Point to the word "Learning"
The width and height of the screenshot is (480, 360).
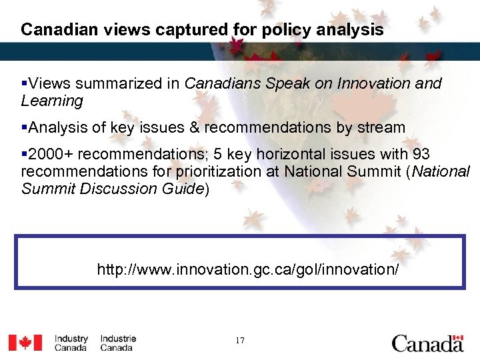pyautogui.click(x=52, y=101)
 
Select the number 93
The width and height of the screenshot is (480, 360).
pyautogui.click(x=421, y=154)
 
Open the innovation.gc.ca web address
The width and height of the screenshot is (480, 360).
pyautogui.click(x=248, y=269)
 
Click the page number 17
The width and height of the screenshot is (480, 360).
pyautogui.click(x=240, y=341)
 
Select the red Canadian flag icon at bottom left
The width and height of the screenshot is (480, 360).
pyautogui.click(x=25, y=342)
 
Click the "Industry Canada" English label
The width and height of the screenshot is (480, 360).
pyautogui.click(x=71, y=343)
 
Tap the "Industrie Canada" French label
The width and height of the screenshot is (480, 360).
pyautogui.click(x=118, y=343)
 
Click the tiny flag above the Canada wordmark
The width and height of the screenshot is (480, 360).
pyautogui.click(x=457, y=337)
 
